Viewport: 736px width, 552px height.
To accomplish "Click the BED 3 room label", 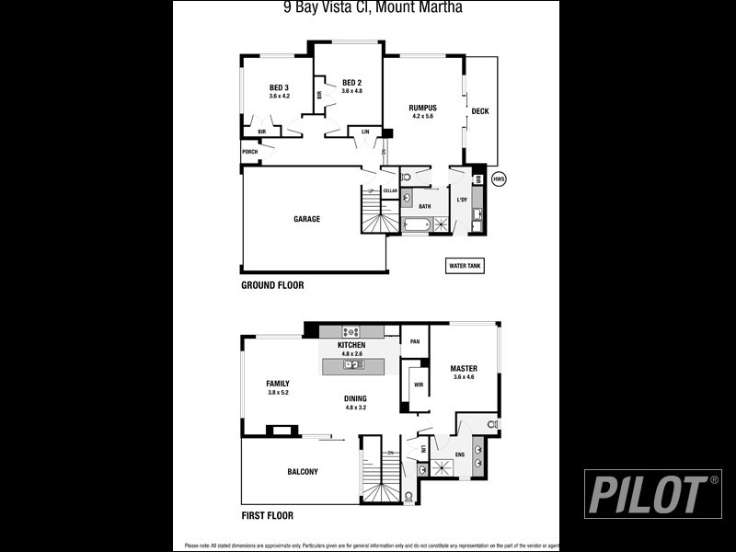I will [279, 87].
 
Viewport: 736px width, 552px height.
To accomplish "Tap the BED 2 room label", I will [351, 82].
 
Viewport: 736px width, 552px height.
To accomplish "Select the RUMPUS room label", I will [422, 108].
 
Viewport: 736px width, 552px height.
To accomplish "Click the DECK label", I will [480, 111].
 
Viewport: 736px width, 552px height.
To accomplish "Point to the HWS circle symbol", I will [499, 178].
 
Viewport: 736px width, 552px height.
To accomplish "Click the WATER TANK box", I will [465, 266].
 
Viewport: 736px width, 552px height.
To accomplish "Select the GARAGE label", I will [306, 219].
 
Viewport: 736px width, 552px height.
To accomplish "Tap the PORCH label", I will [249, 152].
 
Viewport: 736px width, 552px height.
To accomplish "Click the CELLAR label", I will [390, 190].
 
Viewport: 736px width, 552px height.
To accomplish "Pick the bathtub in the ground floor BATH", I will [417, 224].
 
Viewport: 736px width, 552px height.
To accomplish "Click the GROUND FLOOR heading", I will [272, 285].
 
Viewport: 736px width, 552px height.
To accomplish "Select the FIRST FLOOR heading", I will [267, 516].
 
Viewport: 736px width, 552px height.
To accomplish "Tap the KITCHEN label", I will [351, 345].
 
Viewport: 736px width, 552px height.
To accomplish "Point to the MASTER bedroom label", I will [464, 368].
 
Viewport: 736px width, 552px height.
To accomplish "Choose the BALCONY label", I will [302, 472].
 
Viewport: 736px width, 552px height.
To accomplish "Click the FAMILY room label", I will [278, 384].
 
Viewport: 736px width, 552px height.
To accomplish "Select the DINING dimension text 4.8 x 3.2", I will [355, 408].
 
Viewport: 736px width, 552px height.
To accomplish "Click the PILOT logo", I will [653, 494].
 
